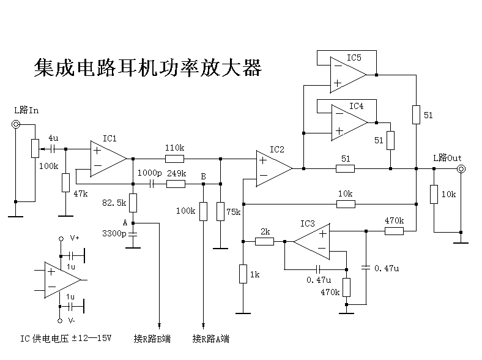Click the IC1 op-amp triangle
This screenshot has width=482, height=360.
tap(106, 159)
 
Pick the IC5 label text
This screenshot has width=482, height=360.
tap(354, 58)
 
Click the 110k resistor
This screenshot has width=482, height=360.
tap(174, 159)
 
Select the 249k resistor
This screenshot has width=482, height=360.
tap(176, 184)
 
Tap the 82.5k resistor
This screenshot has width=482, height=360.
tap(133, 203)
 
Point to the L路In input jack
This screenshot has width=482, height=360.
tap(16, 124)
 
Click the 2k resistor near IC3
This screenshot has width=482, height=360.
tap(264, 242)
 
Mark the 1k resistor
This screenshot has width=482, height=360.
tap(243, 274)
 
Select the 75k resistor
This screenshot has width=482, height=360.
tap(220, 211)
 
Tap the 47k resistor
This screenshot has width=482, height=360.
tap(65, 182)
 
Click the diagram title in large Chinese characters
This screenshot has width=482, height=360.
tap(147, 67)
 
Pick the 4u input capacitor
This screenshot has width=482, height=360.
tap(53, 148)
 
